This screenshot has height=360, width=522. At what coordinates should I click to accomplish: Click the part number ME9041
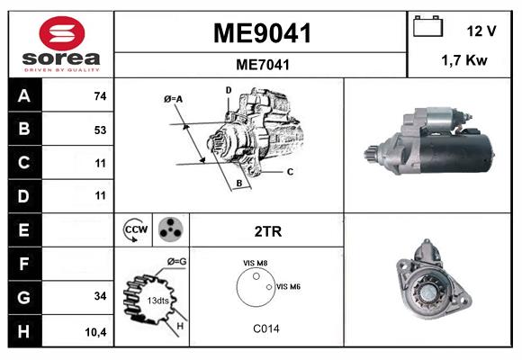click(261, 34)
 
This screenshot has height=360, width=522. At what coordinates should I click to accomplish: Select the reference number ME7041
click(261, 64)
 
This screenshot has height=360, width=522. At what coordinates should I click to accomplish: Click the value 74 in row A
click(100, 96)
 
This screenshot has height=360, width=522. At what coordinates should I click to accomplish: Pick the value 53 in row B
click(100, 130)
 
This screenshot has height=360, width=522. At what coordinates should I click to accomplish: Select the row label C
click(23, 163)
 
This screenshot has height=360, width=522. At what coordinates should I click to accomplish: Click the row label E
click(23, 229)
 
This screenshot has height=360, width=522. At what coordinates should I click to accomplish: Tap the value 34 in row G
click(100, 296)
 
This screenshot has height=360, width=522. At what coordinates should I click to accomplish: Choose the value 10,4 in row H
click(96, 330)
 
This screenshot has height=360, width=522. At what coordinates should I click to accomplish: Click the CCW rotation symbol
click(137, 230)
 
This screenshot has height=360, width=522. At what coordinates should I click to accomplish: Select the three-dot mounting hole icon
click(169, 230)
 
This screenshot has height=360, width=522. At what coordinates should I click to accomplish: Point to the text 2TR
click(268, 231)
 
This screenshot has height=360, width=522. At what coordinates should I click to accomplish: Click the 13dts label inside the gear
click(159, 300)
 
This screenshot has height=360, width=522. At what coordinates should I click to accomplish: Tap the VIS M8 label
click(255, 263)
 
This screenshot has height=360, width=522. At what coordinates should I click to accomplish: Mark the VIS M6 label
click(288, 286)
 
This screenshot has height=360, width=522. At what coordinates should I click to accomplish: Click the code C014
click(266, 328)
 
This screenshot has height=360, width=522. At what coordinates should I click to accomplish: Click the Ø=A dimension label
click(174, 98)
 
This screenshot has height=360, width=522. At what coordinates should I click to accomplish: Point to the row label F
click(23, 263)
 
